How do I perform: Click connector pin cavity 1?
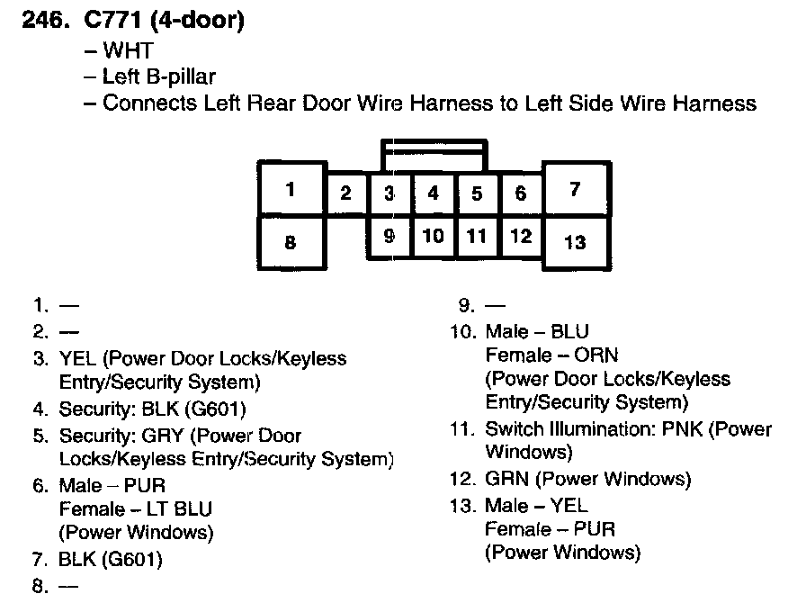click(291, 189)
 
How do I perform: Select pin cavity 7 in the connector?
click(576, 189)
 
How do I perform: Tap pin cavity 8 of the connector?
click(291, 241)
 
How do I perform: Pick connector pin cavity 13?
click(576, 241)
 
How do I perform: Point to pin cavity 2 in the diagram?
click(346, 193)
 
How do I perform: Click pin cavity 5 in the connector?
click(478, 193)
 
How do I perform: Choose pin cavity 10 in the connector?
click(434, 237)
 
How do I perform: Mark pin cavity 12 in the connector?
click(521, 237)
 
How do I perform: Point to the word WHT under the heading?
click(129, 52)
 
